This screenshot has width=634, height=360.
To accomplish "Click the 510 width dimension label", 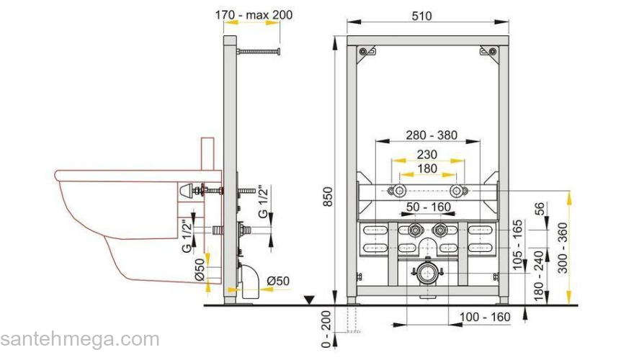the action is pos(421,16).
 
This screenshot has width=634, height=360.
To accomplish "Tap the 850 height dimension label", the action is pos(328,197).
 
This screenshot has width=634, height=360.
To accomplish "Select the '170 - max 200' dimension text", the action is pos(254,14).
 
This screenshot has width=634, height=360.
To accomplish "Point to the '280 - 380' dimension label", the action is pos(432,135).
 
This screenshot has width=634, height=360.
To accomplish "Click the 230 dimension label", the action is pos(427,154).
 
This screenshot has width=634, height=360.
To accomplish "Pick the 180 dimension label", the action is pos(427,168).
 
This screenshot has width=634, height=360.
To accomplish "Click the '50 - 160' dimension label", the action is pos(429,207).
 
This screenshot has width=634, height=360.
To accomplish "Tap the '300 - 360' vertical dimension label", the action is pos(563,248).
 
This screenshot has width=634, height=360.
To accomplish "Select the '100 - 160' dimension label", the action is pos(485,317).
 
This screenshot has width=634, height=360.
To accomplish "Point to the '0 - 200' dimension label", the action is pos(326,329).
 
